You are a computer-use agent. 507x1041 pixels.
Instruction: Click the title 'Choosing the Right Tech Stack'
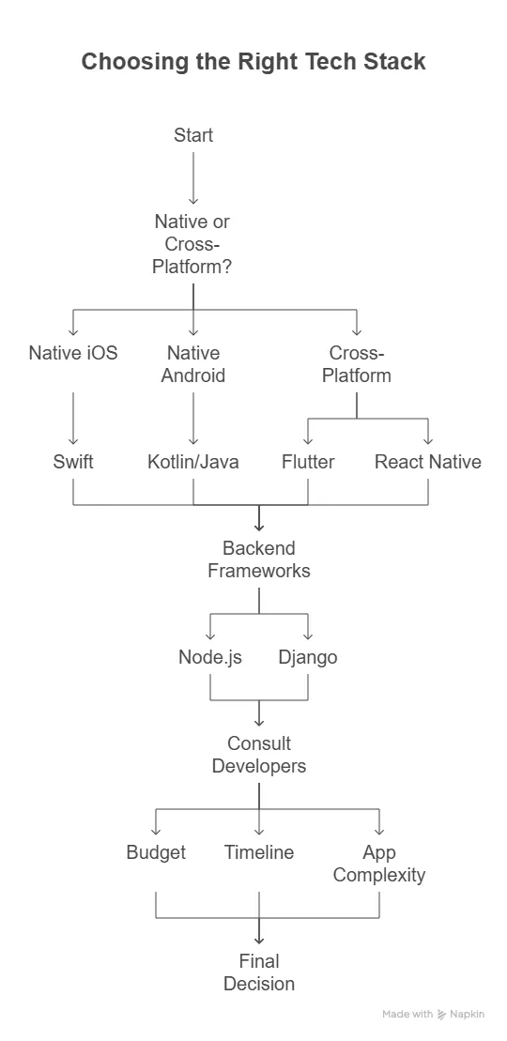(253, 62)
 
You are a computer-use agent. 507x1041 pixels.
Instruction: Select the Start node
(193, 135)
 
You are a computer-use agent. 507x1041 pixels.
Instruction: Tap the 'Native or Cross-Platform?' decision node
(193, 244)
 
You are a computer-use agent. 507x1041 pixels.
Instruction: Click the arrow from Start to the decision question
(193, 177)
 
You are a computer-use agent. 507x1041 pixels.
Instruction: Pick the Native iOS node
(73, 353)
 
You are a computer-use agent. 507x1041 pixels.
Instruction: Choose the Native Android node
(193, 364)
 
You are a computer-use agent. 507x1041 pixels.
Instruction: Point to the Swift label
(73, 462)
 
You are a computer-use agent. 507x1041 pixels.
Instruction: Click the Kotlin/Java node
(193, 462)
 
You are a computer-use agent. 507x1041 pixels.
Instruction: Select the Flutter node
(308, 462)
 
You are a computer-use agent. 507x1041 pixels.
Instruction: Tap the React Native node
(428, 462)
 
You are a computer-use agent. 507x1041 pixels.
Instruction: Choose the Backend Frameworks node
(259, 559)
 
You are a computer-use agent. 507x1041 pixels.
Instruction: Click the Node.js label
(210, 657)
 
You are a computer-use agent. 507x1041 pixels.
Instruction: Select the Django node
(308, 657)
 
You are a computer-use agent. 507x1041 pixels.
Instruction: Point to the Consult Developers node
(259, 755)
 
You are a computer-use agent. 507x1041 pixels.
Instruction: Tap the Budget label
(156, 852)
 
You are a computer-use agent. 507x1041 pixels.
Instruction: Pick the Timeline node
(259, 852)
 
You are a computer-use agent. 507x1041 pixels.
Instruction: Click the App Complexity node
(379, 864)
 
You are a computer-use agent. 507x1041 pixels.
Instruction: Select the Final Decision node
(259, 972)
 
